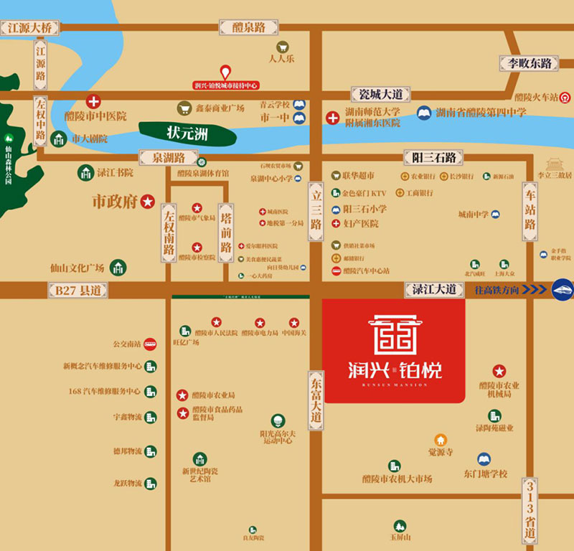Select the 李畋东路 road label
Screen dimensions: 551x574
tap(530, 63)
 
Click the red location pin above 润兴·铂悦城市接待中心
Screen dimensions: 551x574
tap(225, 72)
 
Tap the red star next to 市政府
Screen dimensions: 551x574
tap(148, 202)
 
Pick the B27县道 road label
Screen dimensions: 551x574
tap(77, 290)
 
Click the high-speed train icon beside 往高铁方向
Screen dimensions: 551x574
tap(563, 289)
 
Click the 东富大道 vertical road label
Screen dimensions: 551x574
tap(316, 396)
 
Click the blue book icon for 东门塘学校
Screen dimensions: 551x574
tap(484, 459)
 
